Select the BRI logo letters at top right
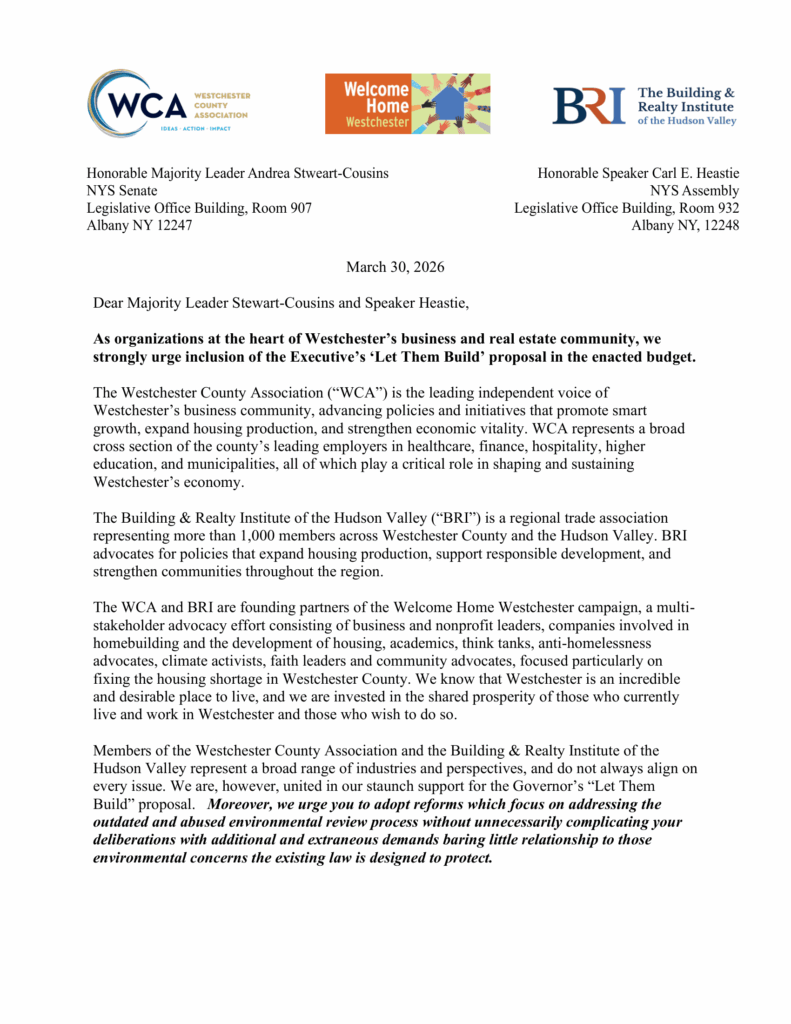(x=589, y=105)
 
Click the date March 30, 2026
(x=395, y=267)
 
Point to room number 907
(x=295, y=208)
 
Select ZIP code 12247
(x=170, y=225)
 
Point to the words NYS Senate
(x=121, y=190)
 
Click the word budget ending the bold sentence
(x=670, y=357)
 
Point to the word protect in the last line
(x=468, y=858)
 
